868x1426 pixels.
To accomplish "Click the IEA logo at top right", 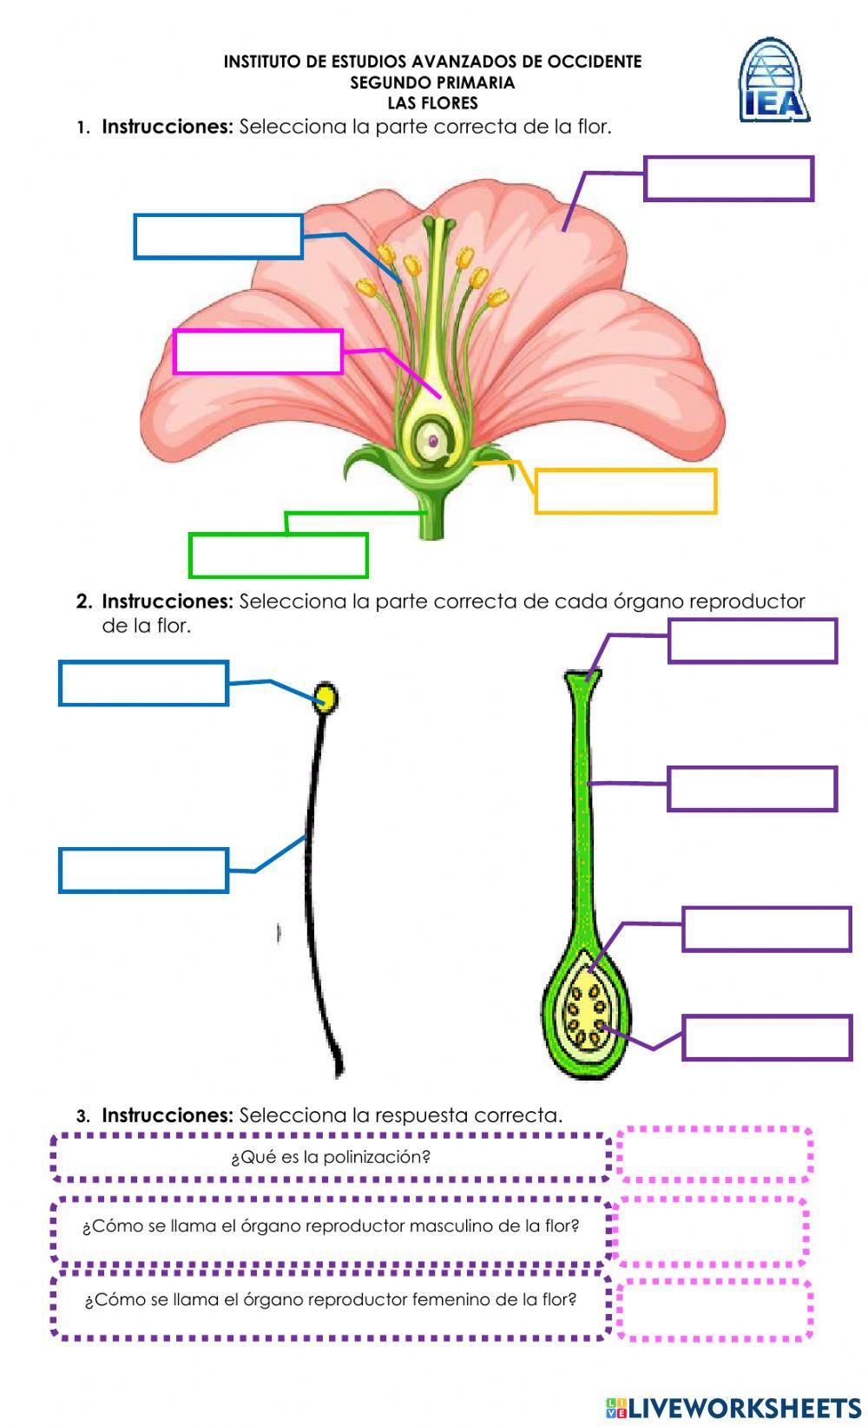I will pos(773,81).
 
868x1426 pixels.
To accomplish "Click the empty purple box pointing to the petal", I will pos(728,179).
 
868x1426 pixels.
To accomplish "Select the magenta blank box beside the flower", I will pos(258,352).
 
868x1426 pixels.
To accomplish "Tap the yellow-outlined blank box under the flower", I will pos(625,491).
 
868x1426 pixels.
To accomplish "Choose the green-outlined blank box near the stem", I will pos(279,555).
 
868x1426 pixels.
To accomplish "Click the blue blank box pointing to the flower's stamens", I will pos(218,236).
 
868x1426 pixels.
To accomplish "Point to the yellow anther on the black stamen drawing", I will pos(326,699).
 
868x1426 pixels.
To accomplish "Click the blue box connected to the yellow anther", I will pos(143,683).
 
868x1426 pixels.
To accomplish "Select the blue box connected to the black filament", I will pos(143,871).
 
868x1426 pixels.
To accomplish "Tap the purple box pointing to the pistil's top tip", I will pos(752,641).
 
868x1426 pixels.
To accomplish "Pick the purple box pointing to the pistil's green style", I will pos(752,789).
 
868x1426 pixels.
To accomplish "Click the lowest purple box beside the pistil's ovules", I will pos(766,1037).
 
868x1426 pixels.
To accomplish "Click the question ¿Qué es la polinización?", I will pos(331,1157).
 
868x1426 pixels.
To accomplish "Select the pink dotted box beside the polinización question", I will pos(714,1154).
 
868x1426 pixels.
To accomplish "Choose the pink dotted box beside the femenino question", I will pos(714,1309).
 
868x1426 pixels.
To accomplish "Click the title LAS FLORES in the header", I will pos(432,103).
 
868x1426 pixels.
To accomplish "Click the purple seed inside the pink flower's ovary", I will pos(432,441).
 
